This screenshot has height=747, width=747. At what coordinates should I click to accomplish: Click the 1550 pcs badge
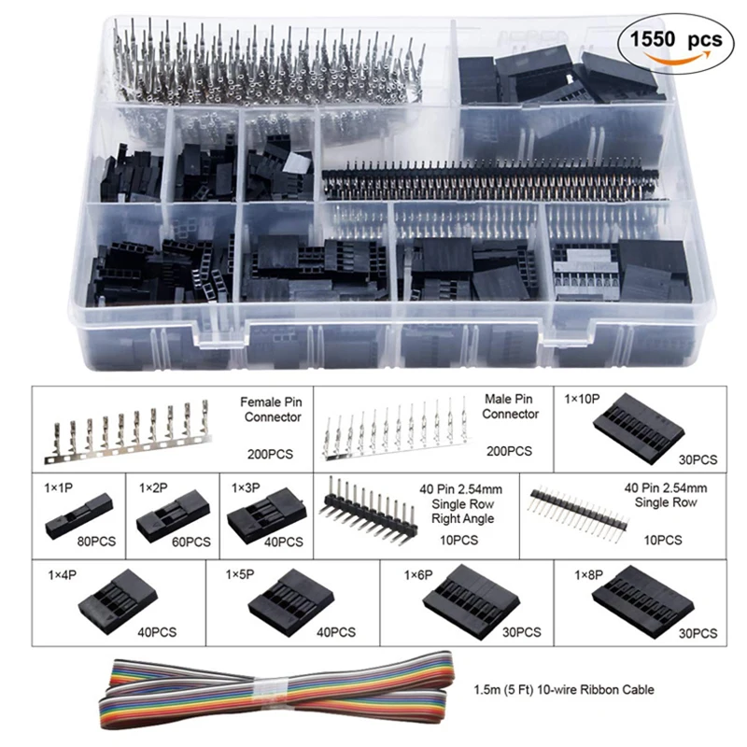[x=669, y=41]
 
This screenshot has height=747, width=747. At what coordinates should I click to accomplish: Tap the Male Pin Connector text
[x=511, y=407]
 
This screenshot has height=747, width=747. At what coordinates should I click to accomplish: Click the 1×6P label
[x=420, y=572]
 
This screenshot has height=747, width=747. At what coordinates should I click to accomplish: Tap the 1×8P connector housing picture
[x=644, y=597]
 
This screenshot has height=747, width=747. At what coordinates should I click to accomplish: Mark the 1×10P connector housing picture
[x=638, y=424]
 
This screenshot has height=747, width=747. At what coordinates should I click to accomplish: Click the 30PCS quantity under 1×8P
[x=698, y=634]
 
